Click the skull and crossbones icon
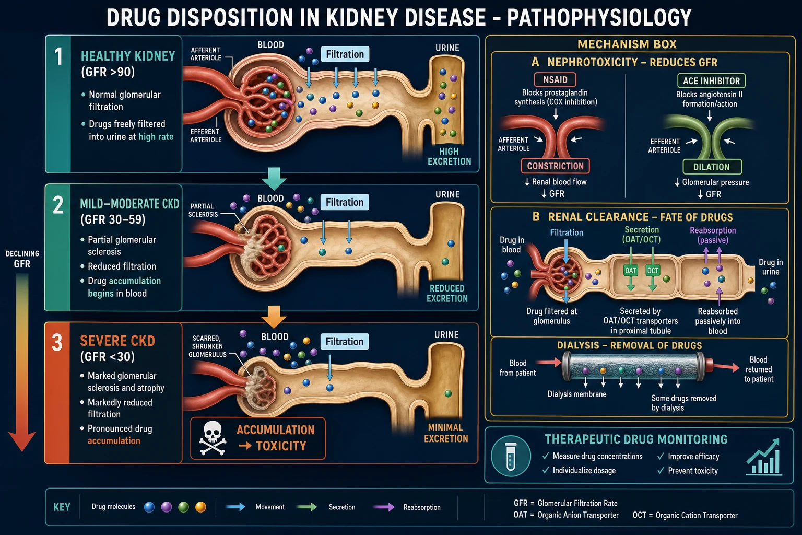[x=213, y=438]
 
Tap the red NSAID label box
[x=555, y=79]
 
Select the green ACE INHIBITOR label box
[x=711, y=81]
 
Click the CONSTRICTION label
[x=556, y=166]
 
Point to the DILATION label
[x=712, y=167]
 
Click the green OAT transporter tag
[x=631, y=271]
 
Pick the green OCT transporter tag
[x=653, y=271]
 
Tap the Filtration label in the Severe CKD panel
[x=345, y=342]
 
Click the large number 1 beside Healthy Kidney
[x=58, y=56]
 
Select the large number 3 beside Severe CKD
[x=57, y=342]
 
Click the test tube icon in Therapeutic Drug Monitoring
[x=511, y=456]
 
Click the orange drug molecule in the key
[x=200, y=507]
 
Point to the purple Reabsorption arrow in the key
[x=383, y=507]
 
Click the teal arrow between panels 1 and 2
[x=274, y=179]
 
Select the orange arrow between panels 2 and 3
[x=274, y=317]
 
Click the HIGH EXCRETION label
[x=450, y=156]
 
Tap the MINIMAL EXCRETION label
[x=446, y=433]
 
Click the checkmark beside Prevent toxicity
[x=661, y=471]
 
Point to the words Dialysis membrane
[x=577, y=394]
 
